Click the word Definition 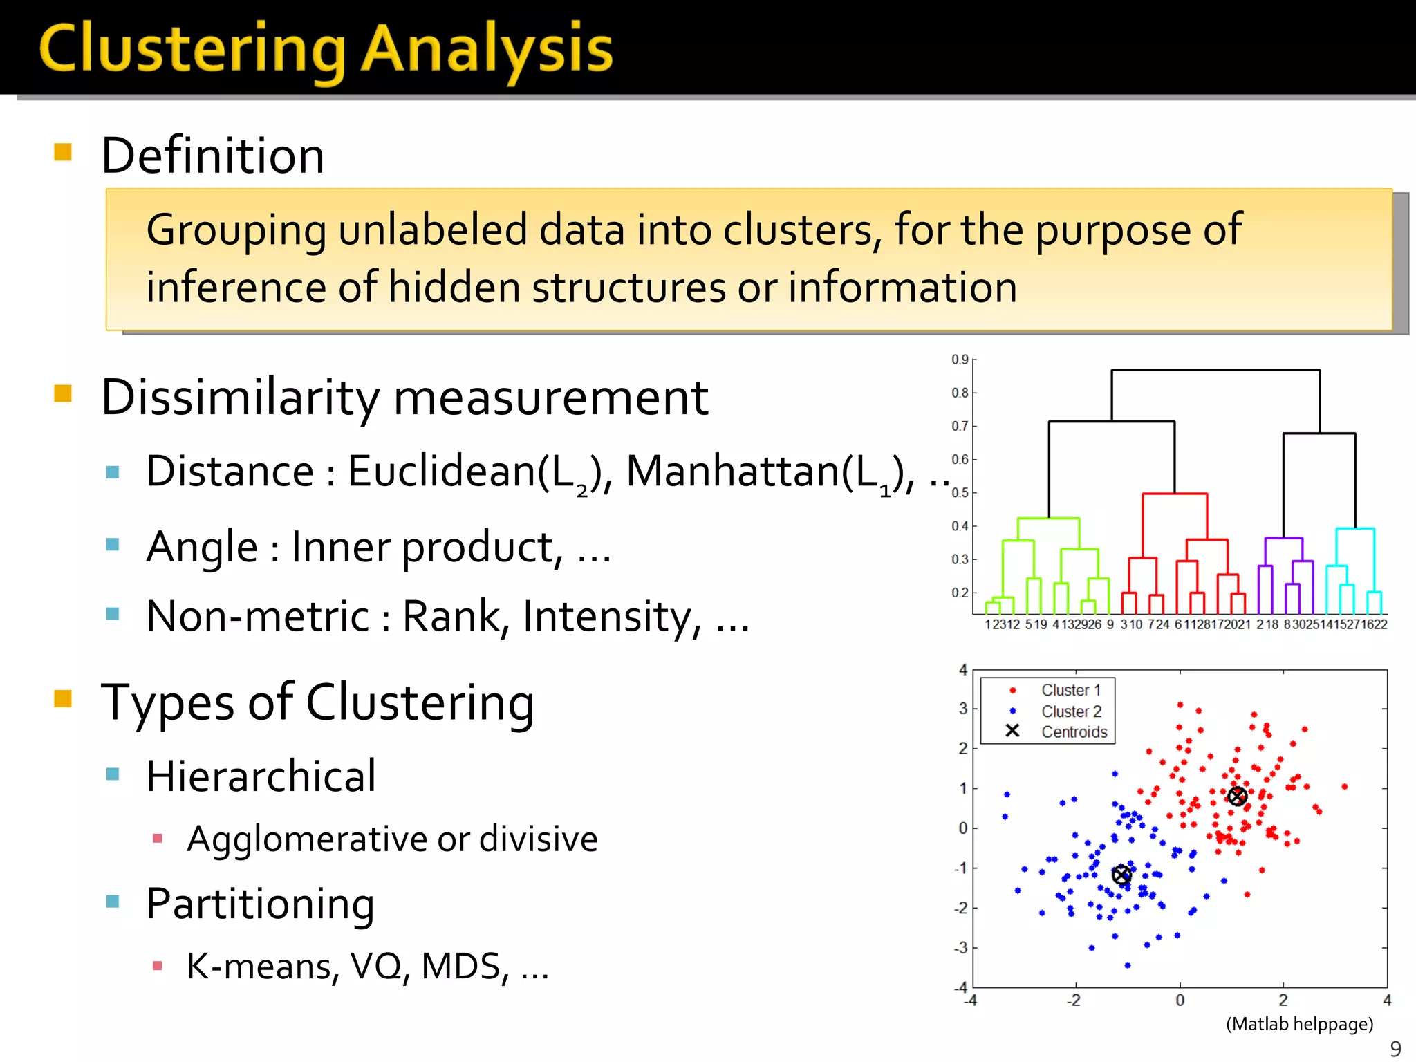pos(212,156)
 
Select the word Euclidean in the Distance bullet pos(441,472)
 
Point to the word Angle pos(201,548)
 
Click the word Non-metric pos(258,616)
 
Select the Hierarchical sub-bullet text pos(261,776)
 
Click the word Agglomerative pos(307,839)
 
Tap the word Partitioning pos(260,904)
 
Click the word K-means pos(259,967)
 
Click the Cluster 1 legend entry pos(1070,690)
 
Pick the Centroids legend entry pos(1074,732)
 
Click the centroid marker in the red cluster pos(1237,796)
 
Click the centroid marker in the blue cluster pos(1121,875)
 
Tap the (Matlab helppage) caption pos(1299,1024)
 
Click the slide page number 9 pos(1395,1048)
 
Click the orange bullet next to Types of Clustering pos(63,699)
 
